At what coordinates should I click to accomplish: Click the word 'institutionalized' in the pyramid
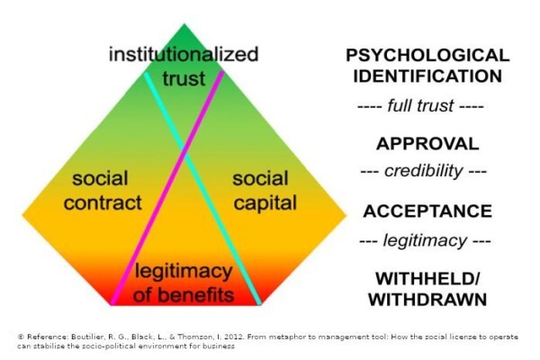[184, 55]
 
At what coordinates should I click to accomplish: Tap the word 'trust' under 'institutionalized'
[184, 78]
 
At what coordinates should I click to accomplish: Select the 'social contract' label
[103, 191]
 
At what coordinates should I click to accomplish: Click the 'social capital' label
[265, 191]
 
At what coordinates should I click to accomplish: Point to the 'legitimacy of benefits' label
[184, 283]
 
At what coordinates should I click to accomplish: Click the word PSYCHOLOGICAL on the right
[427, 56]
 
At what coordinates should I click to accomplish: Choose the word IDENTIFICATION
[427, 76]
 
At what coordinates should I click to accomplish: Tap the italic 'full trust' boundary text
[420, 105]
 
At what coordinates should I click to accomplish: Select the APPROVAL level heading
[427, 143]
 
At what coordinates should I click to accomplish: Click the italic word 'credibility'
[424, 171]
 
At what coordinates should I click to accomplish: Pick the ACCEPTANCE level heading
[427, 211]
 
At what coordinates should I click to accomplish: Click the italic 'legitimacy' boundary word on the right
[425, 240]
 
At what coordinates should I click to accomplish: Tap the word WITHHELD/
[427, 278]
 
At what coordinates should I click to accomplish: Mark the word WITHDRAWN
[427, 299]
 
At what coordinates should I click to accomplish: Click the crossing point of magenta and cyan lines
[184, 152]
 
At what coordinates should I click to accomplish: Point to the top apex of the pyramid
[184, 23]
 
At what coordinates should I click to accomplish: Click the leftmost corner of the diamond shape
[22, 216]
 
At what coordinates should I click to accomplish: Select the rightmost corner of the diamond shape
[346, 216]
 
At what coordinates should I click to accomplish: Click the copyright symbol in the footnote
[21, 337]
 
